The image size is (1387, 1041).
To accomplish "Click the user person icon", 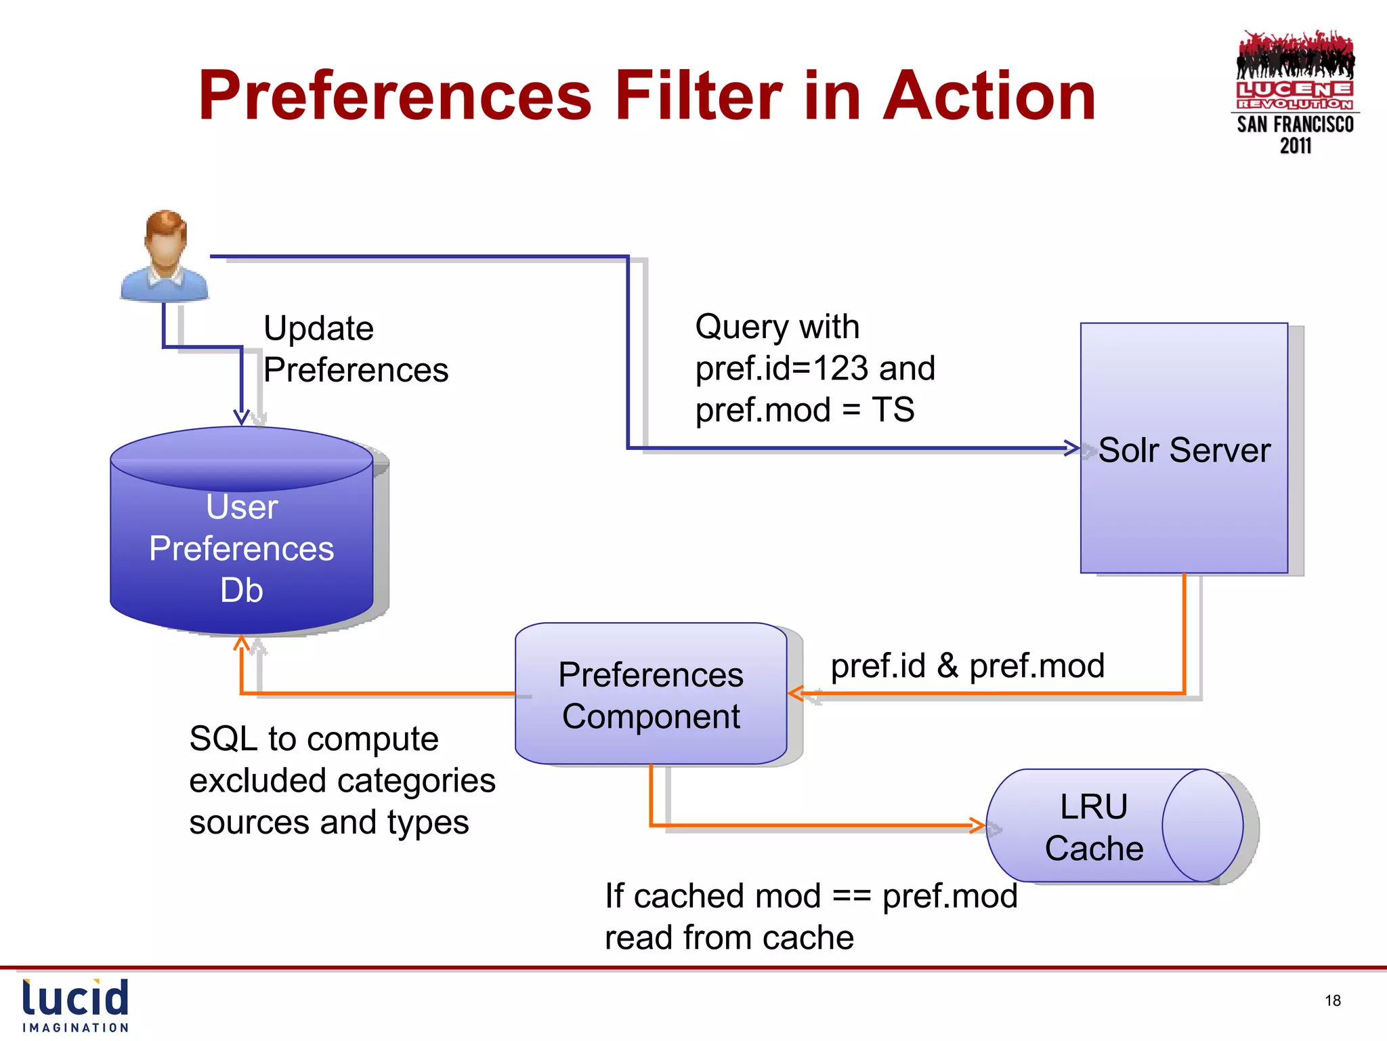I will (x=165, y=256).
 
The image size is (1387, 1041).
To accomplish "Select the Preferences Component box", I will (x=651, y=695).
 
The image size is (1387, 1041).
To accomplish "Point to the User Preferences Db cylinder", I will (x=242, y=535).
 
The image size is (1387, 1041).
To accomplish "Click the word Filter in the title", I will (x=698, y=96).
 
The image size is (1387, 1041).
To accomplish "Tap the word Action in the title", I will (x=989, y=96).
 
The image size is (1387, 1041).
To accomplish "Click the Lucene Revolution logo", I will (x=1295, y=91).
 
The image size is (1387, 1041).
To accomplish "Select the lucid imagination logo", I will (x=75, y=1005).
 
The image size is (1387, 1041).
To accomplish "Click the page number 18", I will (x=1332, y=1000).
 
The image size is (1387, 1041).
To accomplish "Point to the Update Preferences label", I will (x=355, y=349).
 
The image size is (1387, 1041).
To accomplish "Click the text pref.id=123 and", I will (x=815, y=369).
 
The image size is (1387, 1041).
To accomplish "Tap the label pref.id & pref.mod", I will (x=967, y=666).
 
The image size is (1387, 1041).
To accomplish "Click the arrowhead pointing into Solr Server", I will (x=1073, y=448).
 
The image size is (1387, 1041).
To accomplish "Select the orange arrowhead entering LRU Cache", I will (x=977, y=825).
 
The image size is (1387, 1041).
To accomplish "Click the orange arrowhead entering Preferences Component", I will (x=796, y=693).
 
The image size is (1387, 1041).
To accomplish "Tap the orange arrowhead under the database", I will (x=241, y=642).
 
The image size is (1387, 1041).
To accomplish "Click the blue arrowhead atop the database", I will (x=241, y=417).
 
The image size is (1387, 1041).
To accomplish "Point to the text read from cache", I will (x=729, y=938).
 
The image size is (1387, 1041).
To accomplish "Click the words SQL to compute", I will (x=314, y=739).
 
